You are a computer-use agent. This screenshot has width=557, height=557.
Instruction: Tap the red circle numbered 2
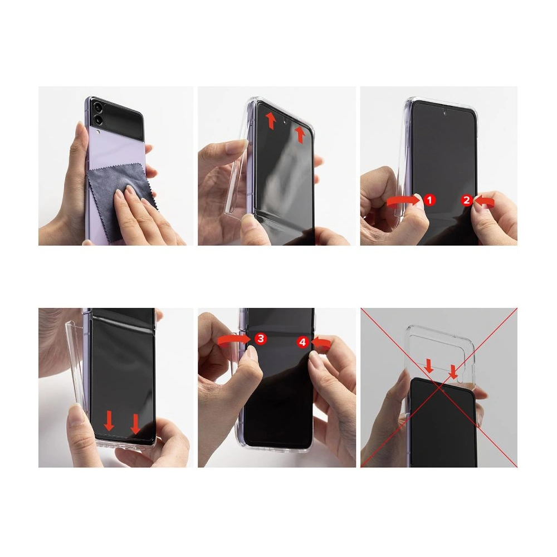pos(467,199)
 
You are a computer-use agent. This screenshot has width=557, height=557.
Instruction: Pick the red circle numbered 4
pos(302,342)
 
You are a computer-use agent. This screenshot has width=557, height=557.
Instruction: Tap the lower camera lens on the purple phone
pos(99,120)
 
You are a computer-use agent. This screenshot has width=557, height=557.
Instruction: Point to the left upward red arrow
pos(271,120)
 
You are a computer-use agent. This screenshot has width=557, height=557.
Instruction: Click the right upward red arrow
pos(300,134)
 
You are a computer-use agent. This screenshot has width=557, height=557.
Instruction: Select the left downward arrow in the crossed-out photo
pos(429,366)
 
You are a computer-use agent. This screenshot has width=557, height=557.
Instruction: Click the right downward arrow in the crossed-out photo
pos(453,370)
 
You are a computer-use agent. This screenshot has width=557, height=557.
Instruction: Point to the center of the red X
pos(439,387)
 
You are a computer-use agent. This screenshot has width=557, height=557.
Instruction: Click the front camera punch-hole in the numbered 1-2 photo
pos(445,112)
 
